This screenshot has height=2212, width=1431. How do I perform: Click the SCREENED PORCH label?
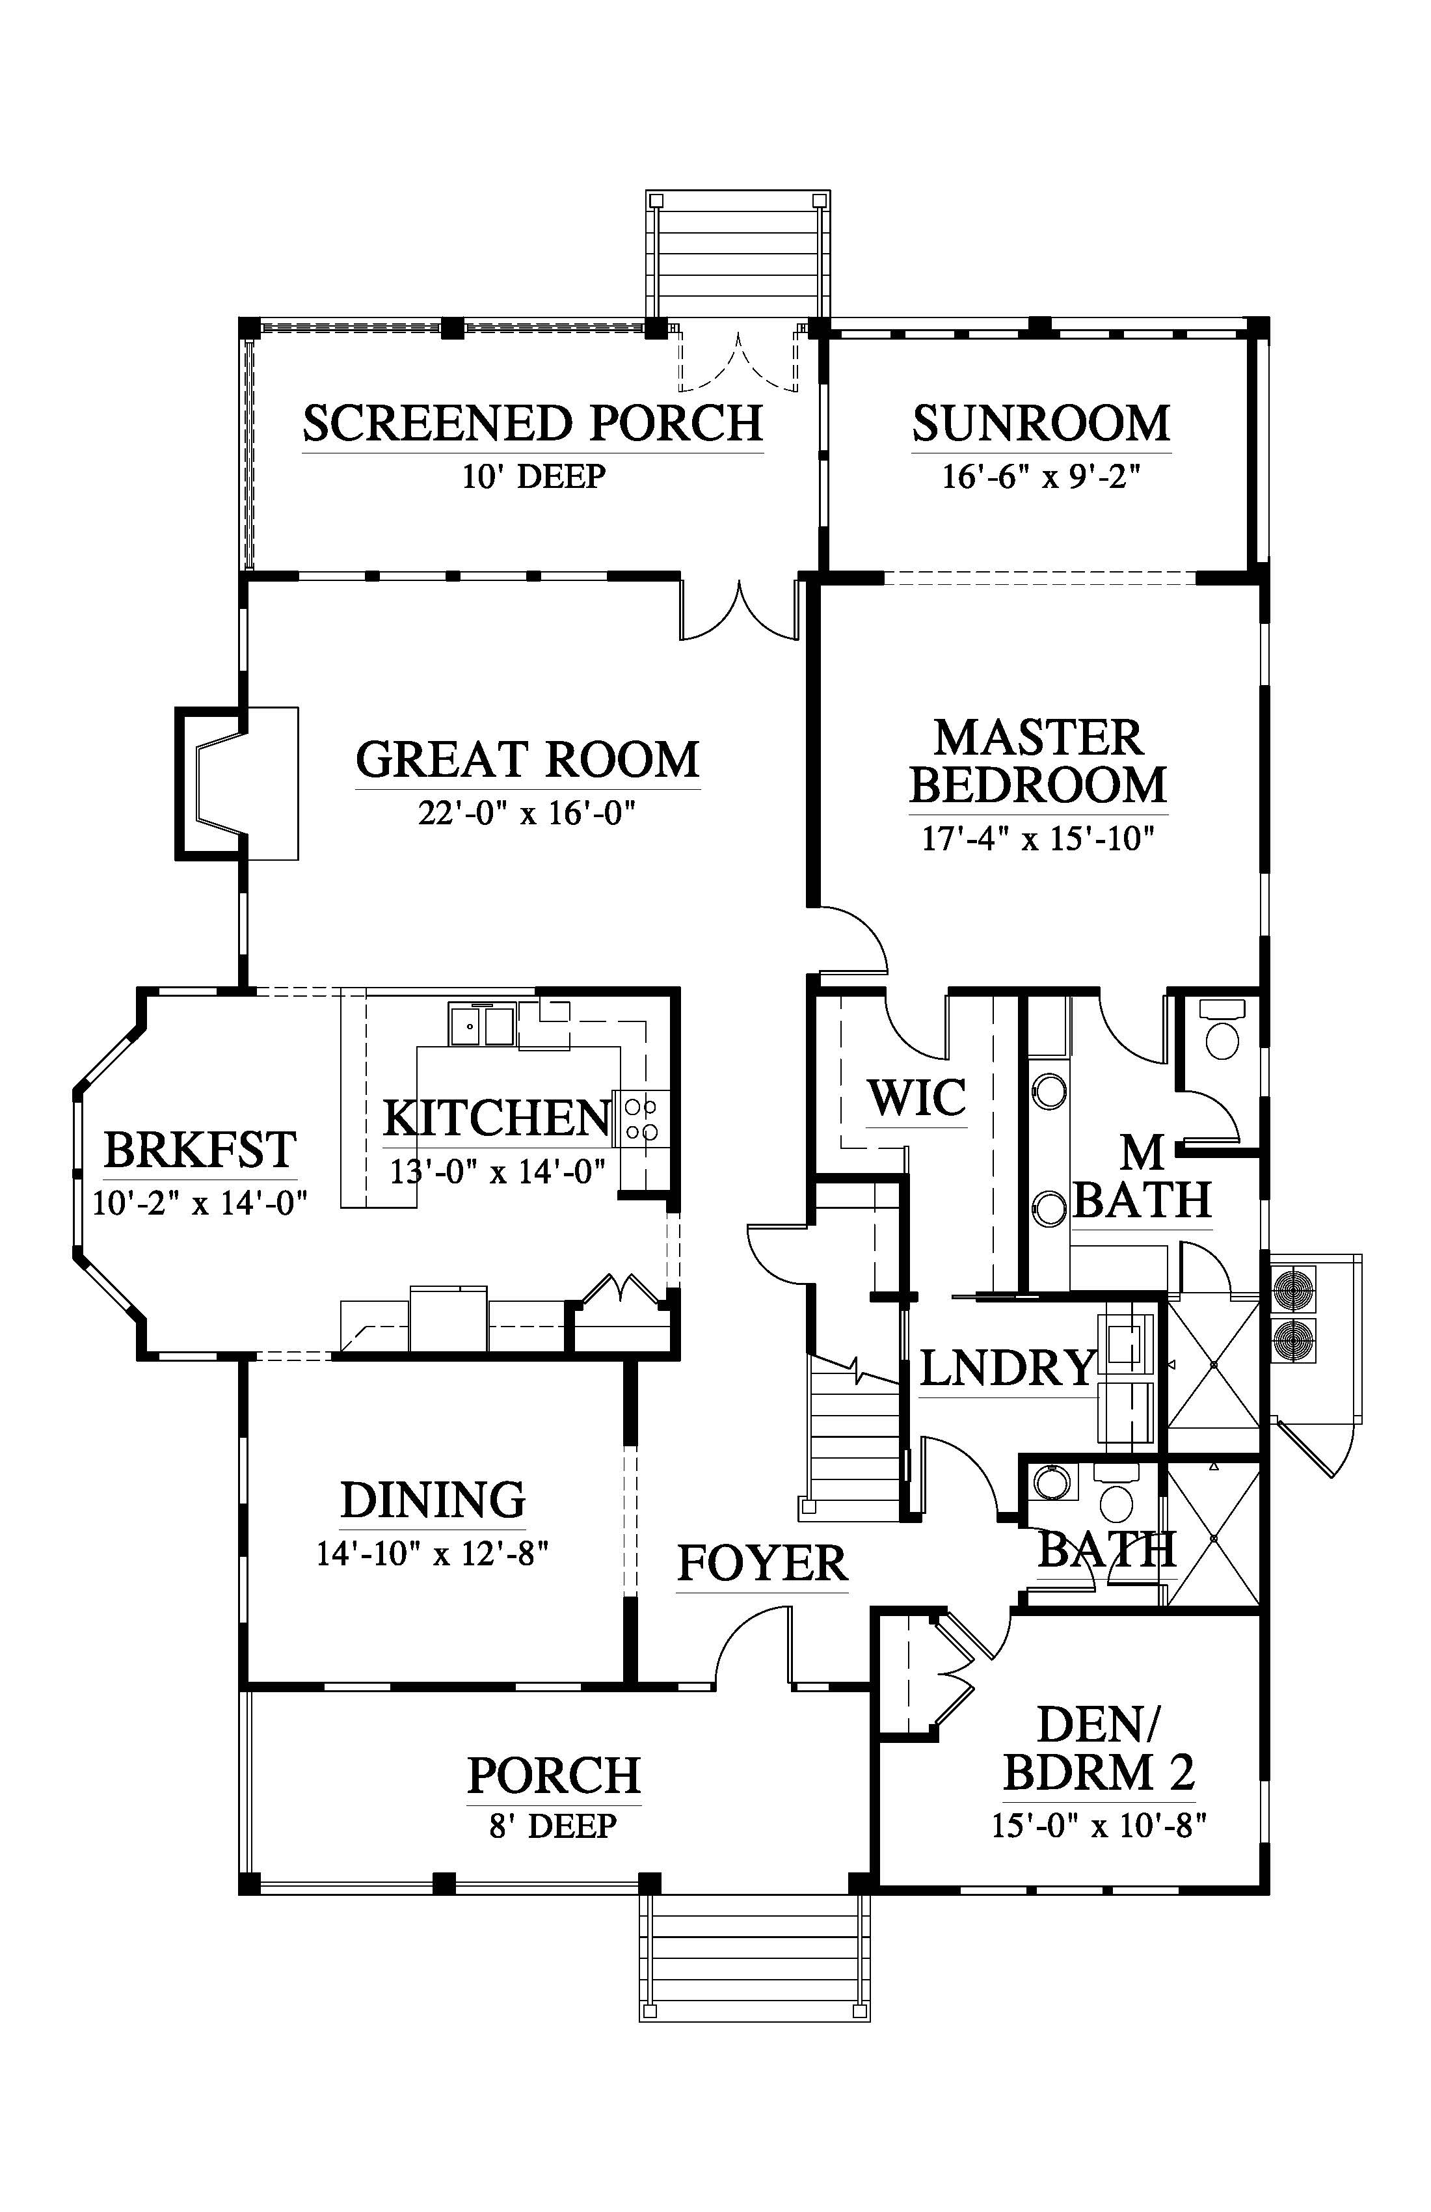(x=533, y=423)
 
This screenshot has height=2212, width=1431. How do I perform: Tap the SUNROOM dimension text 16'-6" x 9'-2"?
(x=1041, y=477)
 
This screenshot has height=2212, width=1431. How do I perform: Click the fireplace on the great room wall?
(x=237, y=783)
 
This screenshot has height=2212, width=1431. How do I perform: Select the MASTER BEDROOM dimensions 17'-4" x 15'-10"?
(x=1038, y=839)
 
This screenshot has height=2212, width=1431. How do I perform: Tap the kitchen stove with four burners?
(x=640, y=1119)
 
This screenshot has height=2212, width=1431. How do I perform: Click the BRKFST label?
(x=200, y=1151)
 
